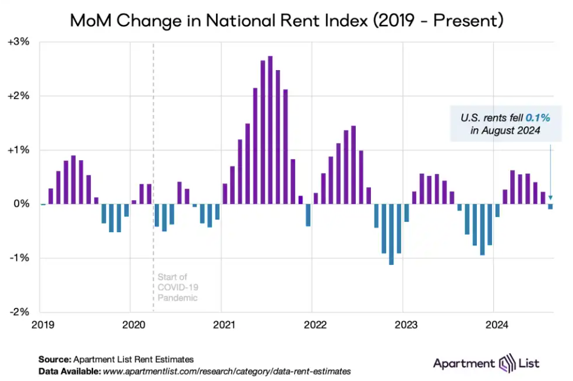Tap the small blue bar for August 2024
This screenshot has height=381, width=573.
pyautogui.click(x=551, y=207)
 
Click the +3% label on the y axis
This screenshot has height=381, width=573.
pyautogui.click(x=22, y=42)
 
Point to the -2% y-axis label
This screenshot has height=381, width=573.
pyautogui.click(x=22, y=312)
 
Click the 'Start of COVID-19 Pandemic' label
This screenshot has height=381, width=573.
pyautogui.click(x=178, y=287)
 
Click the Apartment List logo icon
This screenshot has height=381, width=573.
pyautogui.click(x=505, y=363)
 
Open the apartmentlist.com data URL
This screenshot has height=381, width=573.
pyautogui.click(x=227, y=371)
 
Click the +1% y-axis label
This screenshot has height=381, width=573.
pyautogui.click(x=22, y=150)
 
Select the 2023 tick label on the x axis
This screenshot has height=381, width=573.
pyautogui.click(x=405, y=324)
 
